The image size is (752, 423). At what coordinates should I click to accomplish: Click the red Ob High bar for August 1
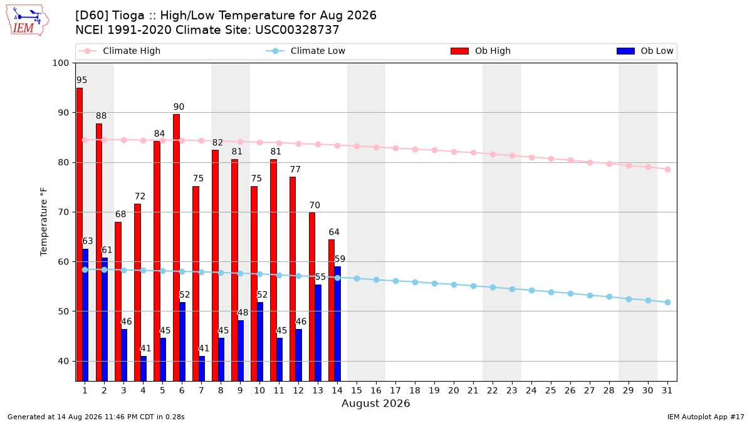click(x=79, y=234)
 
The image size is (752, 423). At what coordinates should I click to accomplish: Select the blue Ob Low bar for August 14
click(x=337, y=323)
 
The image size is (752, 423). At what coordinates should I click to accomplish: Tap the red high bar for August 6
click(x=176, y=248)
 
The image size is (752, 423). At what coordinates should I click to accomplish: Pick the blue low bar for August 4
click(x=144, y=368)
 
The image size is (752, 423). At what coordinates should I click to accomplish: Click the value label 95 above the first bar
click(x=81, y=80)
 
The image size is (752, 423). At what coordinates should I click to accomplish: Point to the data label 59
click(x=340, y=259)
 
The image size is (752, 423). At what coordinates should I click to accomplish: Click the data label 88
click(x=101, y=116)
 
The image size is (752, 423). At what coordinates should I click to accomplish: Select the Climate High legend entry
click(x=120, y=51)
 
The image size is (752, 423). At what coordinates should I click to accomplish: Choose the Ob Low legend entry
click(x=645, y=51)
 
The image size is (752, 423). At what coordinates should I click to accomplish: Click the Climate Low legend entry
click(x=306, y=51)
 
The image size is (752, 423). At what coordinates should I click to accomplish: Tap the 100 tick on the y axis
click(x=60, y=63)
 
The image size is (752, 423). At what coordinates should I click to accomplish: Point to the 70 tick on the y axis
click(x=63, y=212)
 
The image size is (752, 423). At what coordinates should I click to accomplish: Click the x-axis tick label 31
click(x=667, y=390)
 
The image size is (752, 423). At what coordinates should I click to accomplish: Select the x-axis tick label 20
click(x=454, y=390)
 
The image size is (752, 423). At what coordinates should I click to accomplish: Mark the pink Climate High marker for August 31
click(x=667, y=170)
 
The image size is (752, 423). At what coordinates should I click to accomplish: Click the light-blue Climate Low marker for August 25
click(x=551, y=293)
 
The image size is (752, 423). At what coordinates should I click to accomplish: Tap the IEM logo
click(x=27, y=21)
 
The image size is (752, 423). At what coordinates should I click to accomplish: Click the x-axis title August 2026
click(x=375, y=403)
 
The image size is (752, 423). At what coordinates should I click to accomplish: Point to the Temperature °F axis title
click(x=44, y=222)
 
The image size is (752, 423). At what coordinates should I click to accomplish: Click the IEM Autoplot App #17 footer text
click(x=706, y=417)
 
